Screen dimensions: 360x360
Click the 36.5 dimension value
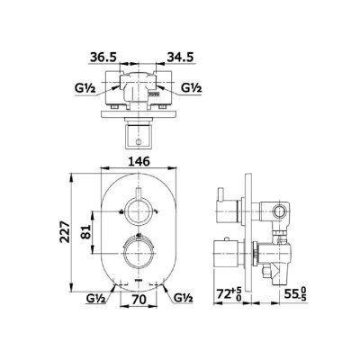[103, 57]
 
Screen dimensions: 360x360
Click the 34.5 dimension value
[180, 57]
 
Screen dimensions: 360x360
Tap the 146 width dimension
[139, 161]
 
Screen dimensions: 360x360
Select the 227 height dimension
[66, 231]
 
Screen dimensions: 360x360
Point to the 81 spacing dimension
[86, 231]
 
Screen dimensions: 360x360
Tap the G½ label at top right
[192, 88]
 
